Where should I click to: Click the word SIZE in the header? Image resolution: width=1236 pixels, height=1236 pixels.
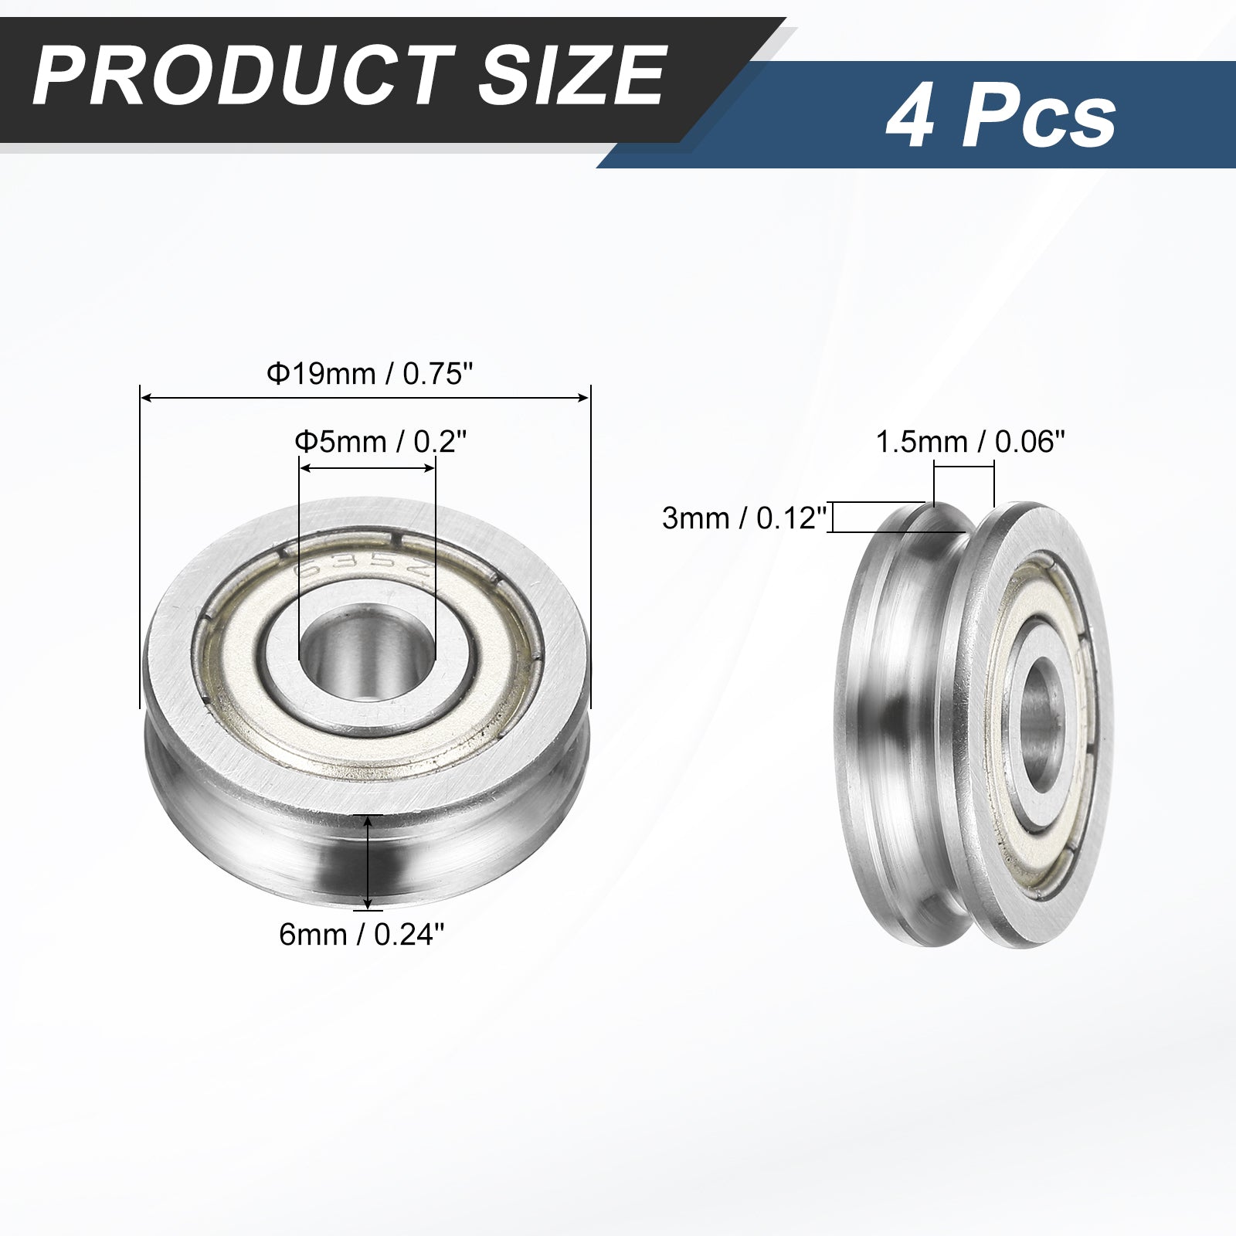tap(572, 76)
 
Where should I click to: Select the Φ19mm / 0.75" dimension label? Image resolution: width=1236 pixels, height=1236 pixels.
tap(369, 375)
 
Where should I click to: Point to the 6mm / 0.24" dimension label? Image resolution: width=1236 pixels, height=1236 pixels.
tap(362, 935)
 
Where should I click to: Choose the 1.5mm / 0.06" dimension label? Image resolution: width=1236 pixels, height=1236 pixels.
tap(969, 443)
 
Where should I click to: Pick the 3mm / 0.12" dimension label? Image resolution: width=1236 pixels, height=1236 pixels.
tap(745, 518)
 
